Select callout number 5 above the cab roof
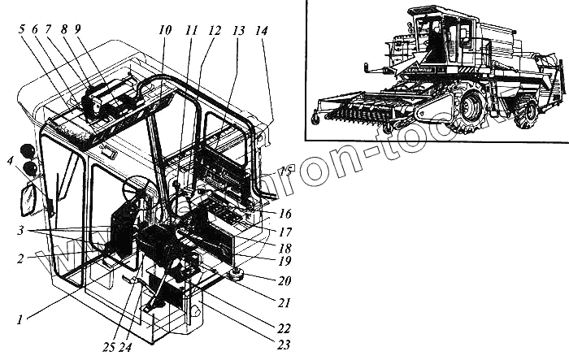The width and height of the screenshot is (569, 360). click(21, 28)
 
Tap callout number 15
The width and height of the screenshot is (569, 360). click(284, 171)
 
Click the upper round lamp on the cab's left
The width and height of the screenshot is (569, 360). click(25, 151)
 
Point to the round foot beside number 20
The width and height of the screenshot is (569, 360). click(237, 275)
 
